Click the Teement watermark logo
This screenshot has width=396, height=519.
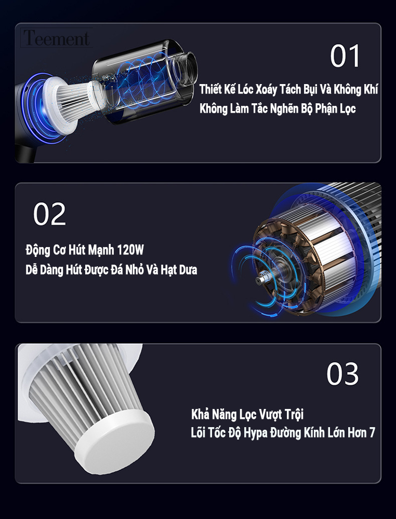tap(57, 38)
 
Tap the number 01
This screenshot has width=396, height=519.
tap(345, 56)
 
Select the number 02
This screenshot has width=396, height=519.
tap(49, 214)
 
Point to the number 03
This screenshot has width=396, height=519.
tap(342, 374)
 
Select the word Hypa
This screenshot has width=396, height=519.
tap(256, 433)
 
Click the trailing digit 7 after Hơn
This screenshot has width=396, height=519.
tap(372, 432)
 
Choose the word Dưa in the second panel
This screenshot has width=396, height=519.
tap(188, 270)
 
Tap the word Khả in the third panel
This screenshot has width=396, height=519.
tap(200, 414)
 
